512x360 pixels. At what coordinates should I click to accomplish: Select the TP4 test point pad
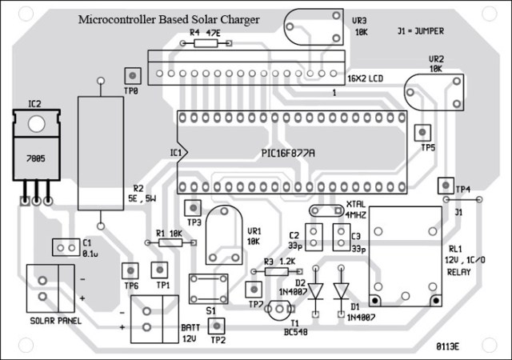point(443,186)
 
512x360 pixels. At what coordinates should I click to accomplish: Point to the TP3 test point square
point(193,207)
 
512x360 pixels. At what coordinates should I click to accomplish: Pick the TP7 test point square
point(254,289)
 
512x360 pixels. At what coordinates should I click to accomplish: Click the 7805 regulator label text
point(38,158)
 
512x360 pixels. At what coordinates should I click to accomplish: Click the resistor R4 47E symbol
point(205,45)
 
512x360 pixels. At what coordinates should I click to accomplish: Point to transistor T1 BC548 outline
point(278,309)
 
